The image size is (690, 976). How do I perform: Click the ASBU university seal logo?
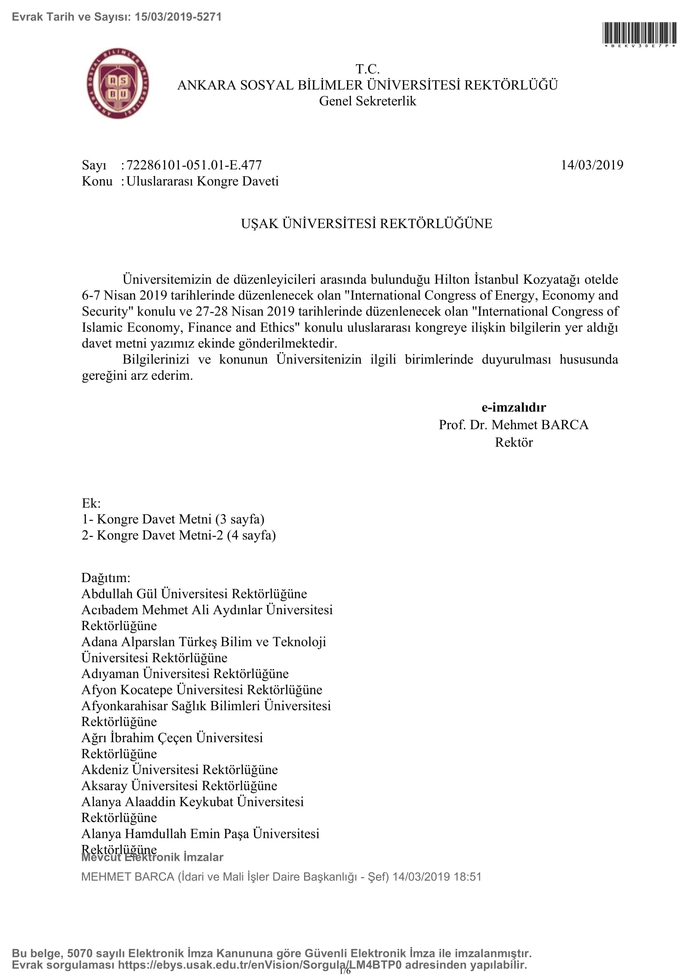(118, 83)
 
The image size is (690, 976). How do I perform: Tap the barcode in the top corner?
(640, 33)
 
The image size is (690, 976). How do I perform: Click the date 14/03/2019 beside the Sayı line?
(592, 165)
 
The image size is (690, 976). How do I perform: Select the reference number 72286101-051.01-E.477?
(194, 165)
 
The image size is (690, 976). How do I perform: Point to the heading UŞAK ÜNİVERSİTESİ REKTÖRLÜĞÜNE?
(367, 224)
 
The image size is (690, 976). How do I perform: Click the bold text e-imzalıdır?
(514, 407)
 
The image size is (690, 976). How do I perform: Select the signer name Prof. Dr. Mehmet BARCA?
(514, 425)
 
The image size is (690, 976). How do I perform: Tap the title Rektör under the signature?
(514, 442)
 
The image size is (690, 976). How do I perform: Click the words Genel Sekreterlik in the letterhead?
(368, 101)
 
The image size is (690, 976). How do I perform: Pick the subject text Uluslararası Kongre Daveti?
(202, 181)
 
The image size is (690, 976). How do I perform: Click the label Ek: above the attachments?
(91, 503)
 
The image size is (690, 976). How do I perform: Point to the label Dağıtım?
(106, 578)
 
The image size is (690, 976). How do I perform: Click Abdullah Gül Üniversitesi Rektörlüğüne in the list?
(194, 594)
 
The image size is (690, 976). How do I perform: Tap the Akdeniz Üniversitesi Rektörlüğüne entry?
(179, 769)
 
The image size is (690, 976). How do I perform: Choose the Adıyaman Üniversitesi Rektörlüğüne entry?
(185, 674)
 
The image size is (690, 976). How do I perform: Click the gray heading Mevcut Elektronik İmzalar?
(152, 857)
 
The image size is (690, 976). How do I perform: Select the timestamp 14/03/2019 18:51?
(437, 877)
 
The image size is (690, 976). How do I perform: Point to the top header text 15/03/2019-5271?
(178, 17)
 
